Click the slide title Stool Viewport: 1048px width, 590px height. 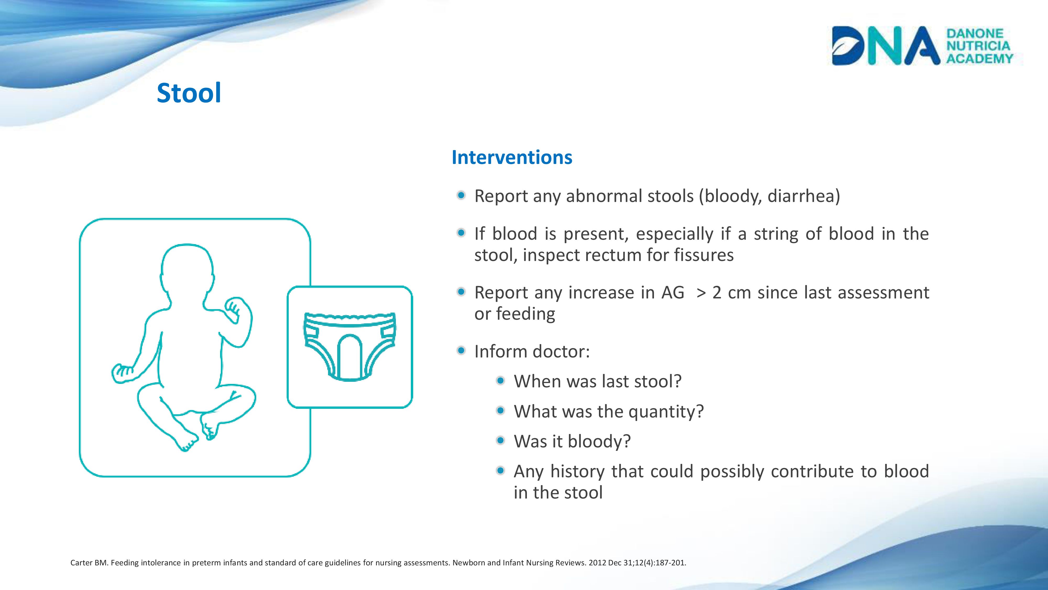(x=189, y=93)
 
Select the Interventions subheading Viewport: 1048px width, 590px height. (x=512, y=157)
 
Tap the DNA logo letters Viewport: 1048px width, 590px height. (x=886, y=46)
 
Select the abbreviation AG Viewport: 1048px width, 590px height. (x=673, y=293)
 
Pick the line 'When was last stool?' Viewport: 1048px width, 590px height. (x=597, y=382)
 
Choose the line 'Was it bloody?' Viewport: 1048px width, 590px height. (x=572, y=441)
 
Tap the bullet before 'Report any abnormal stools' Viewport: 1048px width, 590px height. (x=461, y=195)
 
